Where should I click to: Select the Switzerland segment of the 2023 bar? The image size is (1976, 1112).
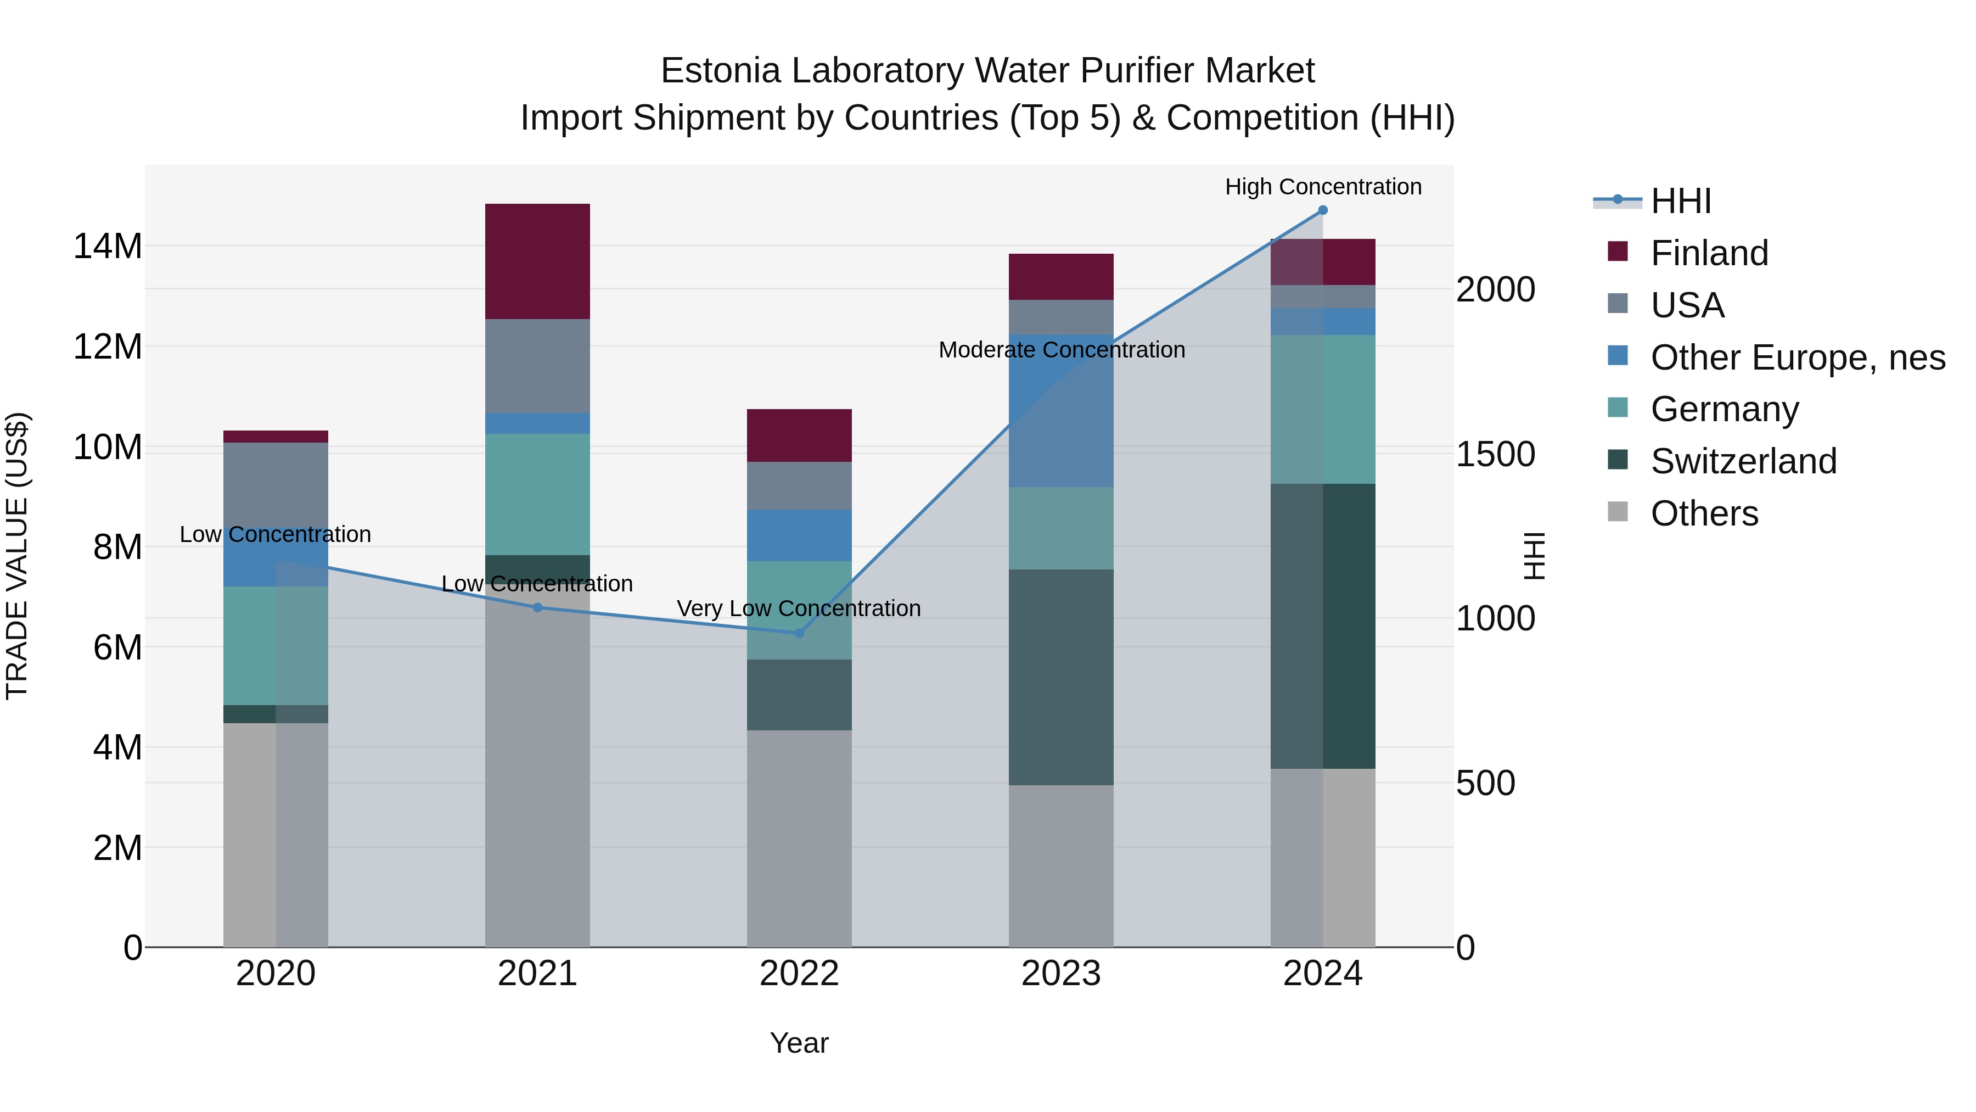click(1061, 677)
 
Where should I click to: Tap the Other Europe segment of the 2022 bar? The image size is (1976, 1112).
click(799, 535)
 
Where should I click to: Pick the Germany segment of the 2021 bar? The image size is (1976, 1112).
click(537, 494)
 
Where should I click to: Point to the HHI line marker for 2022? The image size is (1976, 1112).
click(799, 633)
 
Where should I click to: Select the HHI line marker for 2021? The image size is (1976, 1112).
click(537, 608)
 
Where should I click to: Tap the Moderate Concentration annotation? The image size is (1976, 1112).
click(1061, 350)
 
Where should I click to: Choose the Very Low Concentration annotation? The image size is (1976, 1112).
click(799, 608)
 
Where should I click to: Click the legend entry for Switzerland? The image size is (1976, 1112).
click(1743, 461)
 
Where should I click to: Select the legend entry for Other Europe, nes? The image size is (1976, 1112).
click(1797, 357)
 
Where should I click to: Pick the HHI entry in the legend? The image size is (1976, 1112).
click(1680, 201)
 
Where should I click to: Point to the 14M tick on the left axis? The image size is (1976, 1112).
click(108, 247)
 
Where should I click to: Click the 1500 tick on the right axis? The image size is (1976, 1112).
click(1496, 454)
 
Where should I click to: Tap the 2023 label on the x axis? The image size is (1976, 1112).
click(1061, 974)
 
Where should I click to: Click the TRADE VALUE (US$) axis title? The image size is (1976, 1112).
click(17, 556)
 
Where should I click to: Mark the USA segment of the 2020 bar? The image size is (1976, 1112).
click(276, 483)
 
